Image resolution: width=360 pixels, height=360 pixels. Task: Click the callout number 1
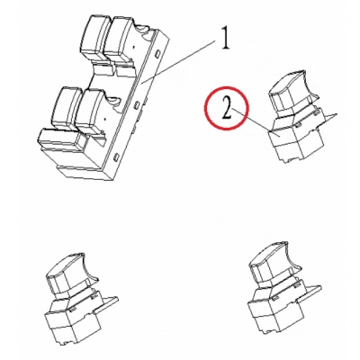coord(225,39)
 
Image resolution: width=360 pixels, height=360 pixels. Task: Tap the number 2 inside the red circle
coord(227,109)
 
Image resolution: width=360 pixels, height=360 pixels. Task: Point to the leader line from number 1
coord(178,62)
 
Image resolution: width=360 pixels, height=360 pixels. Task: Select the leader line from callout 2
coord(252,121)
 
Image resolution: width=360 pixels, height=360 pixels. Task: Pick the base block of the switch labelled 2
coord(295,140)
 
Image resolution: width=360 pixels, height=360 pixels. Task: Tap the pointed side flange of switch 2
coord(326,119)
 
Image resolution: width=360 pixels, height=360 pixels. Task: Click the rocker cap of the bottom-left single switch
coord(70,273)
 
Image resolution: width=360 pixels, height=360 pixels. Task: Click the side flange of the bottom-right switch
coord(310,292)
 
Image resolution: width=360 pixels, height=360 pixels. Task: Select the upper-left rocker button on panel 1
coord(94,37)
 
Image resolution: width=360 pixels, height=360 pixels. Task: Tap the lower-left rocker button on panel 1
coord(66,108)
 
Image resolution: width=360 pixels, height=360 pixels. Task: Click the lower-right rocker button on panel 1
coord(91,112)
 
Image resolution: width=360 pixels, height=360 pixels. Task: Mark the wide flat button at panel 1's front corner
coord(60,140)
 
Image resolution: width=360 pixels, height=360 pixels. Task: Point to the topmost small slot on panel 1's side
coord(157,54)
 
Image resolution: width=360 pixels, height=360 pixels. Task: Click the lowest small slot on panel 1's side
coord(117,156)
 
